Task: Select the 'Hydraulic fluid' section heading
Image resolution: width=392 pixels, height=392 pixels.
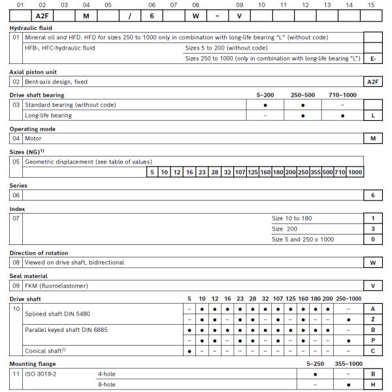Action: (x=31, y=29)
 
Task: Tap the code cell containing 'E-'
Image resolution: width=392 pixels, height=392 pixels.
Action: (x=372, y=59)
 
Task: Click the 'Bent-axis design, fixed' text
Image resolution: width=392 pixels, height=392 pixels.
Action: (x=56, y=82)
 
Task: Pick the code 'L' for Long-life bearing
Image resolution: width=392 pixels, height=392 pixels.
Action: (x=372, y=116)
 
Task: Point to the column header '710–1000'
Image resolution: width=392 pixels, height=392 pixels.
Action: (x=342, y=95)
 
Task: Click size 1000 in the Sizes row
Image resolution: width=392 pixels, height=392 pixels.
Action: (x=355, y=172)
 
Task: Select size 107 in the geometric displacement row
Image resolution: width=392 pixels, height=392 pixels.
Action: (x=240, y=172)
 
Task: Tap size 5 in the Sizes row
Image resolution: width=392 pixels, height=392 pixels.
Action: (x=152, y=172)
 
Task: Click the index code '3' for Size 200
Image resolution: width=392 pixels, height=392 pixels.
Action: (x=372, y=229)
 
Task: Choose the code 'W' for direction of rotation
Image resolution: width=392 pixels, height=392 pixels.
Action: (x=372, y=263)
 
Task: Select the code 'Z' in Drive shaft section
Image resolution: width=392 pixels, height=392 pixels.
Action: (x=372, y=319)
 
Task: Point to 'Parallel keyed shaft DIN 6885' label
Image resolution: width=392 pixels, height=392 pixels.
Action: (x=66, y=330)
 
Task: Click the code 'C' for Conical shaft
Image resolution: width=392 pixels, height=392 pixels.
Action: (x=372, y=351)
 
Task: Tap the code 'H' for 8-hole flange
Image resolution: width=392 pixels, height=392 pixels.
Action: (x=372, y=385)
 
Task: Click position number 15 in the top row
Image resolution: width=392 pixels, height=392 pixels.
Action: (x=371, y=5)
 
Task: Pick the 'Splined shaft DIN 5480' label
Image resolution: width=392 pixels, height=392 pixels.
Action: (x=57, y=314)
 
